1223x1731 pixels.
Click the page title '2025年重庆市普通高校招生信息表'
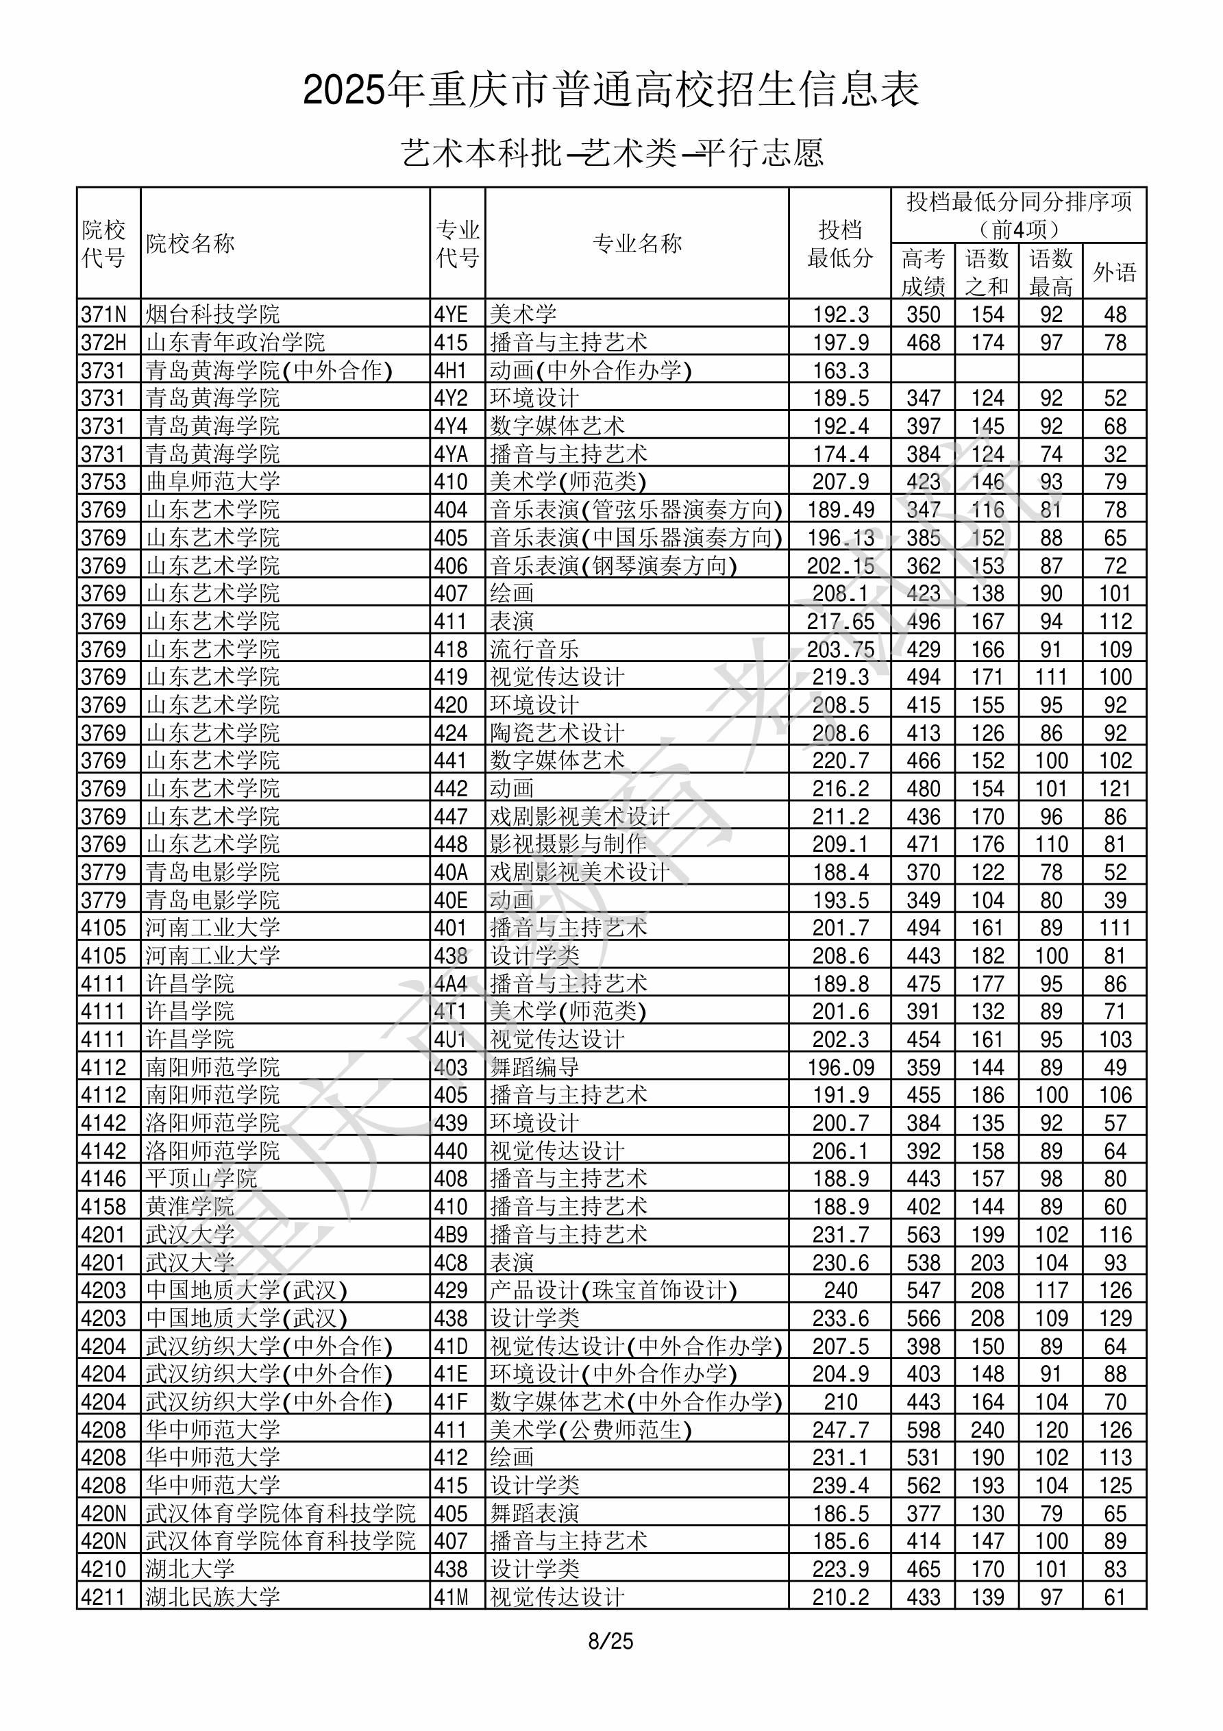pos(610,90)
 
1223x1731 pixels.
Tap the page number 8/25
pos(610,1641)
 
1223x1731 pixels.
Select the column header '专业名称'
pos(637,243)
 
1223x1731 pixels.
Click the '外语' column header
pos(1115,272)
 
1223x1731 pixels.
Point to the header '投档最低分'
pos(840,243)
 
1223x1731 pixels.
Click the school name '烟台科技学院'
pos(212,314)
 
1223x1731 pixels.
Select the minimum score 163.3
pos(841,370)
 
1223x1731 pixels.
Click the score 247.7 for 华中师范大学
pos(841,1429)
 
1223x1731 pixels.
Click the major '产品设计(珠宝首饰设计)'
pos(613,1290)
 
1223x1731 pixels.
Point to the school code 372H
pos(103,342)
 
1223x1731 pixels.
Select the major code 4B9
pos(451,1234)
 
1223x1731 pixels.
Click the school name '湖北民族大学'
pos(212,1597)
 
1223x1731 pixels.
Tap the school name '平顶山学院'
pos(201,1179)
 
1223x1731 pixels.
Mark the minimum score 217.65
pos(841,622)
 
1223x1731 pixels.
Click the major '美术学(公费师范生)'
pos(591,1429)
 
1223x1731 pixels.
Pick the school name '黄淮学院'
pos(190,1206)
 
